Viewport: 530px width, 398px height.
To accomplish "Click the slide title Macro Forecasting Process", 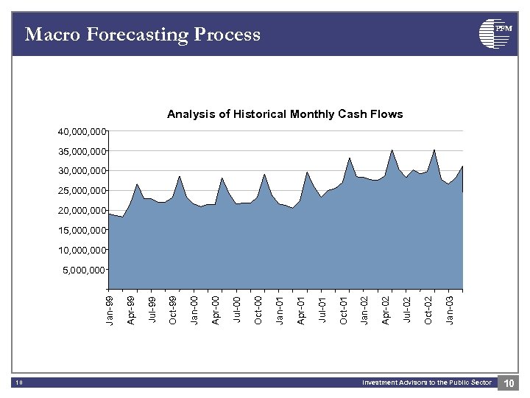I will (142, 34).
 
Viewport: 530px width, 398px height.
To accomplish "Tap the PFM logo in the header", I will (495, 33).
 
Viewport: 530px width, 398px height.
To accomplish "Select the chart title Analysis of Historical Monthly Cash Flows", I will (285, 114).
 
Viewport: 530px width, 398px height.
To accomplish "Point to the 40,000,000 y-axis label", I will (82, 132).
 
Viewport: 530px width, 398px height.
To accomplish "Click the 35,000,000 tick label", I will (82, 152).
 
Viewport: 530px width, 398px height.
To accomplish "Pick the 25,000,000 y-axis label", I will (82, 191).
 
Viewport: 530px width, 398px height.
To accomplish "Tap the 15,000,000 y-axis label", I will (82, 231).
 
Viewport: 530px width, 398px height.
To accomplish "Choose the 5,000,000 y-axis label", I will (85, 270).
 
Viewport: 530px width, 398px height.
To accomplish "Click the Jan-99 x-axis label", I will (110, 310).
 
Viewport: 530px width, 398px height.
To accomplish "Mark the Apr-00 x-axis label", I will (216, 310).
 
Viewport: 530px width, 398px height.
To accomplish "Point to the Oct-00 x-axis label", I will (258, 310).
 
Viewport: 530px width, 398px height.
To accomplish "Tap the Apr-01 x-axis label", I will (301, 310).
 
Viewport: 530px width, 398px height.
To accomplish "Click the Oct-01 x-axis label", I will (344, 310).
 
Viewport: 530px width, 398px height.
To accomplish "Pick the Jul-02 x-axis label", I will (408, 310).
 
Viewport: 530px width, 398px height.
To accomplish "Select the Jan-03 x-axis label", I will (451, 310).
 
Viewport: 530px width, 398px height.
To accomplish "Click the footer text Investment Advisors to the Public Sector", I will (426, 383).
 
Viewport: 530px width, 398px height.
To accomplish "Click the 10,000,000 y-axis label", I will (82, 251).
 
